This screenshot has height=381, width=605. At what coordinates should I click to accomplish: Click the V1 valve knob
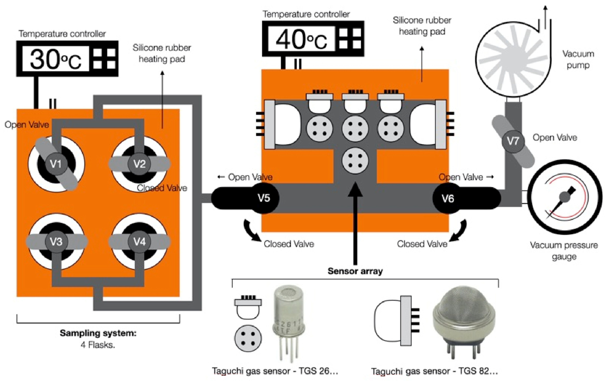[x=56, y=164]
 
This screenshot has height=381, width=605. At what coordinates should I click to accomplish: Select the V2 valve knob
[x=139, y=164]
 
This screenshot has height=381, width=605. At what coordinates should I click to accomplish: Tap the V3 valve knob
[x=56, y=242]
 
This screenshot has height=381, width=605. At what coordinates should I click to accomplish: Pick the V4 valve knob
[x=139, y=242]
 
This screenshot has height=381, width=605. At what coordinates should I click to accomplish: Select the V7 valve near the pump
[x=513, y=141]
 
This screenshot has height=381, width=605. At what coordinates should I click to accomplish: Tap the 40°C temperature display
[x=302, y=39]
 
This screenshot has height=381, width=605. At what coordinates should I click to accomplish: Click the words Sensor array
[x=355, y=271]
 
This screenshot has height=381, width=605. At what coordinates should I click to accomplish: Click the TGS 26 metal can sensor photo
[x=288, y=324]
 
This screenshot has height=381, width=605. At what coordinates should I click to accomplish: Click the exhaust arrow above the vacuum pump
[x=545, y=16]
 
